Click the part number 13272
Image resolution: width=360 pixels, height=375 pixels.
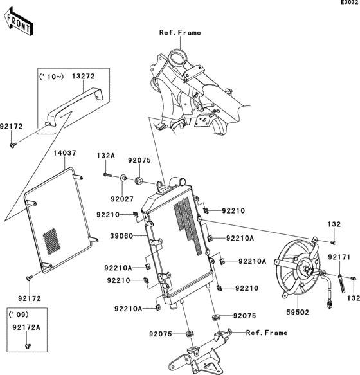click(x=83, y=76)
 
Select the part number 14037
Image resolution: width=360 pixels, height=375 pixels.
click(x=65, y=153)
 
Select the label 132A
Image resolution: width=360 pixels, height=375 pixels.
click(x=105, y=156)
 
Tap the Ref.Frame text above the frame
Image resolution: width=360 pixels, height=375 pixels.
click(x=180, y=32)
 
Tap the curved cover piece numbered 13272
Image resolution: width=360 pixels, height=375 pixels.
click(x=75, y=107)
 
